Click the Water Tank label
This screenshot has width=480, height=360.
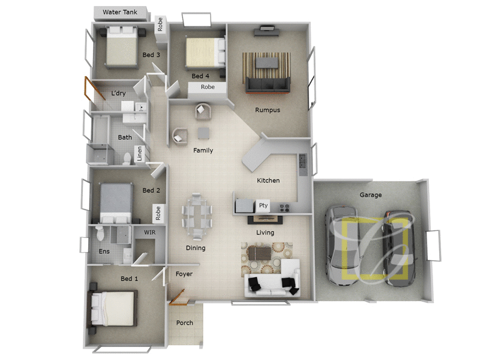point(120,12)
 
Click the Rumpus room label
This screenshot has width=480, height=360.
point(268,110)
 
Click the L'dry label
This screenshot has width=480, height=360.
point(118,94)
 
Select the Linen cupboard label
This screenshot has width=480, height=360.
point(140,155)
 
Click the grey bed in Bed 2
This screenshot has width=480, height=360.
point(116,202)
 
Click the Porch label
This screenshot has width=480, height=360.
point(185,323)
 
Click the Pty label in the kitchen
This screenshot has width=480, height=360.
point(263,206)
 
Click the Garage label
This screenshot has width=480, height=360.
point(371,195)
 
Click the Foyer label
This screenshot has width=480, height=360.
point(184,274)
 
